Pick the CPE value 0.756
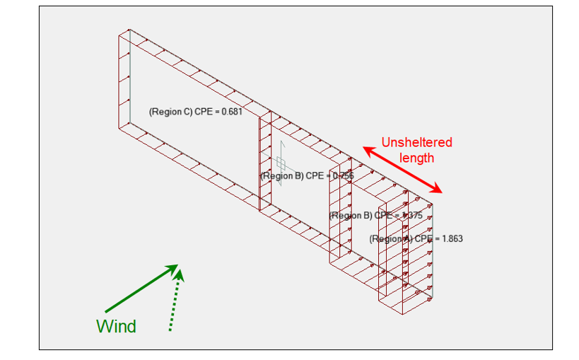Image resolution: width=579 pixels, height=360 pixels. coord(342,176)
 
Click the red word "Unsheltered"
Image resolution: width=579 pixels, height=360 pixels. coord(416,142)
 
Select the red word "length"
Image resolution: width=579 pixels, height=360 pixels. coord(416,158)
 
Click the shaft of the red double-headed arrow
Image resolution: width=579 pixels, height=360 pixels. coord(402,170)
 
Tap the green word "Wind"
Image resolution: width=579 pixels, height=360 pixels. coord(116,326)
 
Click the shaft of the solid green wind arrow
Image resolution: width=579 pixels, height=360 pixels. coord(138,290)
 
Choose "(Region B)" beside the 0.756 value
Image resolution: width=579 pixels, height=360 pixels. coord(281,176)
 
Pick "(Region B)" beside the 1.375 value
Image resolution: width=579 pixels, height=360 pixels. coord(351,216)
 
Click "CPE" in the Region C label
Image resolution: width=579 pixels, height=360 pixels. coord(202,112)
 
